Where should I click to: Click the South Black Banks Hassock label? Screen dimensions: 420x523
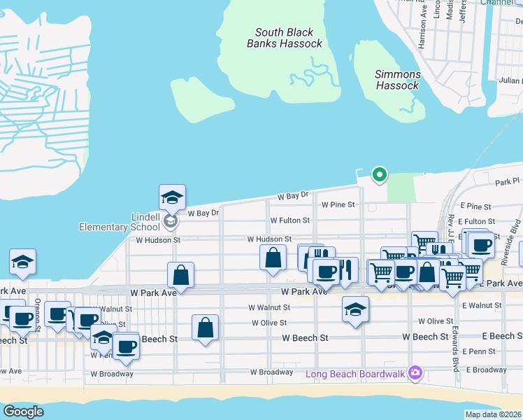tap(285, 38)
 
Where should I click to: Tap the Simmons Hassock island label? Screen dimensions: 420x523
tap(398, 80)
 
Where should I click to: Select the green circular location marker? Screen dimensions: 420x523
tap(379, 174)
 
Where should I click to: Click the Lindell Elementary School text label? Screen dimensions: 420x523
tap(120, 222)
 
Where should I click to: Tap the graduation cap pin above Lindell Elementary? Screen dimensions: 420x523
tap(172, 199)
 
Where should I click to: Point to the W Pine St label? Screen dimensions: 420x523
tap(338, 205)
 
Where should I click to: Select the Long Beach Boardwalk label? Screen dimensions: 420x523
tap(355, 374)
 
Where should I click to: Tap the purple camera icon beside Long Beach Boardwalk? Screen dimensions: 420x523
tap(416, 372)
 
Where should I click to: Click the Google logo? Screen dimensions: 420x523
tap(23, 412)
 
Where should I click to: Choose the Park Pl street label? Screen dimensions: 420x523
tap(508, 182)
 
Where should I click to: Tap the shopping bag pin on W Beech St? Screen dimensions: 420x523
tap(205, 328)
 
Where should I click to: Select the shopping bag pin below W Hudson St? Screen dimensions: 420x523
tap(273, 258)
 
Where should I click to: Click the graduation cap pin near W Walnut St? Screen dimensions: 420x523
tap(355, 309)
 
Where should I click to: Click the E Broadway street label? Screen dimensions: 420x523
tap(486, 369)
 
